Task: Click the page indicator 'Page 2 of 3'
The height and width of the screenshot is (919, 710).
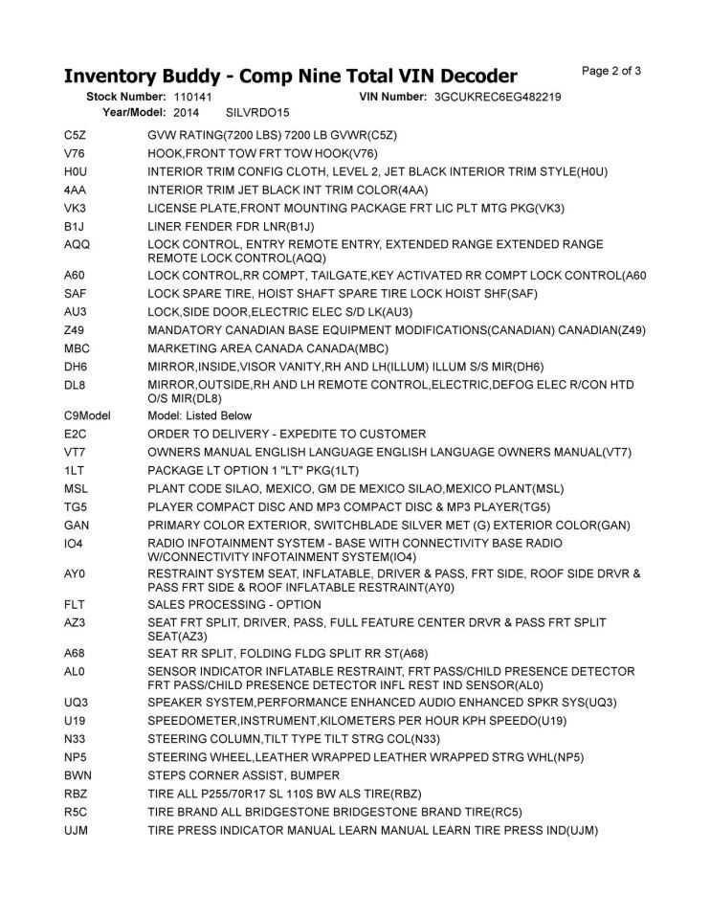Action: pos(611,71)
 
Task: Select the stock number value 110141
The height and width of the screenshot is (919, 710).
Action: pos(193,98)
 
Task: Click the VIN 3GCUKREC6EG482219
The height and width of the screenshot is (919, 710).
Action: pos(497,98)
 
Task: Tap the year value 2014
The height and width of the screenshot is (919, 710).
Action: pos(187,112)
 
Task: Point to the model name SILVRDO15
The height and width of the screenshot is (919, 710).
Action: pos(257,112)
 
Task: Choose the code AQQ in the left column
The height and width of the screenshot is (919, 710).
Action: pos(76,244)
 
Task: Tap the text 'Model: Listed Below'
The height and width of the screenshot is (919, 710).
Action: pos(200,415)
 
